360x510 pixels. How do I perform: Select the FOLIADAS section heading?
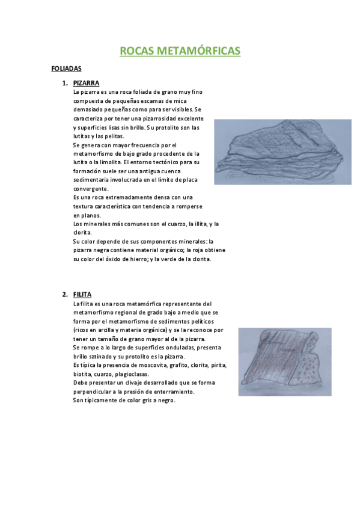pyautogui.click(x=67, y=69)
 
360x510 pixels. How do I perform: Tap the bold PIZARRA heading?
pyautogui.click(x=86, y=83)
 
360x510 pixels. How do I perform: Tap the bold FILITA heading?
pyautogui.click(x=82, y=295)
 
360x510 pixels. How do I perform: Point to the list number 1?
pyautogui.click(x=64, y=83)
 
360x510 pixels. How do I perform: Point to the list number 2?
pyautogui.click(x=64, y=295)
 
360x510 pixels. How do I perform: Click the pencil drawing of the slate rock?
pyautogui.click(x=282, y=152)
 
